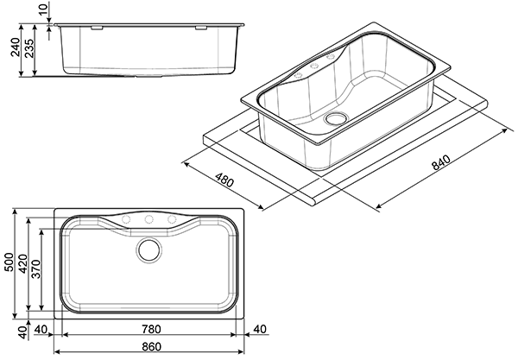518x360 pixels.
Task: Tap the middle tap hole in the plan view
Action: (x=148, y=219)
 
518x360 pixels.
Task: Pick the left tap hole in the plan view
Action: (x=125, y=219)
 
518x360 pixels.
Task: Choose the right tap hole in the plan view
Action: (x=172, y=219)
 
